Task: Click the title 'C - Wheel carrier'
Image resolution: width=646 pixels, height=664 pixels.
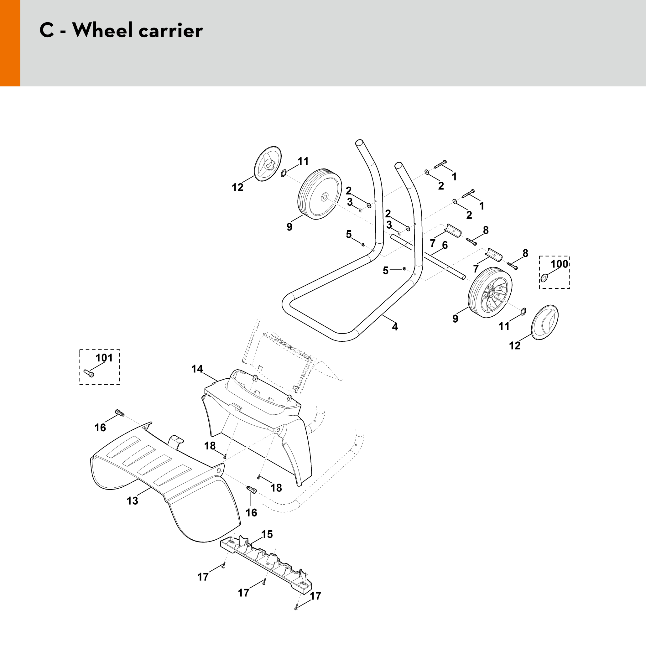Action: pyautogui.click(x=121, y=30)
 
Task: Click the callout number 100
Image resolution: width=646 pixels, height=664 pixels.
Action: pyautogui.click(x=559, y=264)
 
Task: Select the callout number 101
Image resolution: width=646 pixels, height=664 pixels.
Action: pyautogui.click(x=104, y=358)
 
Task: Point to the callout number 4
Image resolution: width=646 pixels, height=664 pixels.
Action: pyautogui.click(x=395, y=327)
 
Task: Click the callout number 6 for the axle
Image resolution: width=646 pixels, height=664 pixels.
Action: pyautogui.click(x=445, y=245)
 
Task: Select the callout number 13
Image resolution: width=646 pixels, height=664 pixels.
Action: pyautogui.click(x=132, y=501)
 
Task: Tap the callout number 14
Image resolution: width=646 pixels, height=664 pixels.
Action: pyautogui.click(x=197, y=369)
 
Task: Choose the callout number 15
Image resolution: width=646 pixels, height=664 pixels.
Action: pyautogui.click(x=267, y=534)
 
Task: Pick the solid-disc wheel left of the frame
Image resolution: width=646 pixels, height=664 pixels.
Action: pyautogui.click(x=320, y=194)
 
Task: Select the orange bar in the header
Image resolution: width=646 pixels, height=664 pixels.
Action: pyautogui.click(x=10, y=43)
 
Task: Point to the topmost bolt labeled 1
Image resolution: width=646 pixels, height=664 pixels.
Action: pyautogui.click(x=440, y=164)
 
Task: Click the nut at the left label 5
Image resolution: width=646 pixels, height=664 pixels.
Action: pyautogui.click(x=363, y=245)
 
